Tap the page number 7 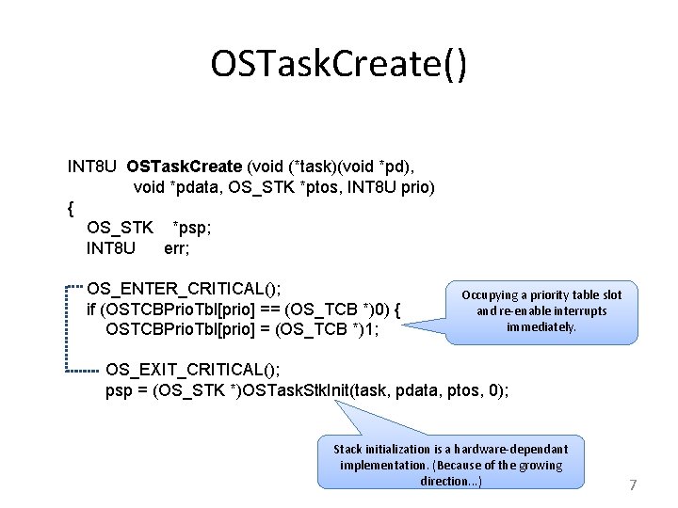coord(633,485)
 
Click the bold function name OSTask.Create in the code coord(185,167)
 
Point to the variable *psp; coord(192,228)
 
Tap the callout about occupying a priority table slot coord(541,310)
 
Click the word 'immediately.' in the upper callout coord(541,327)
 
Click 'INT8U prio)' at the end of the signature coord(390,187)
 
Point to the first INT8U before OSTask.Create coord(91,167)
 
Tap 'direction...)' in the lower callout coord(451,481)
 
